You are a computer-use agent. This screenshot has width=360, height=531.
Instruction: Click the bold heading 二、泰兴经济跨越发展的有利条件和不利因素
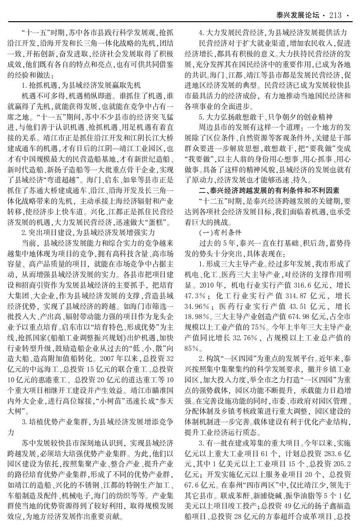(269, 190)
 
